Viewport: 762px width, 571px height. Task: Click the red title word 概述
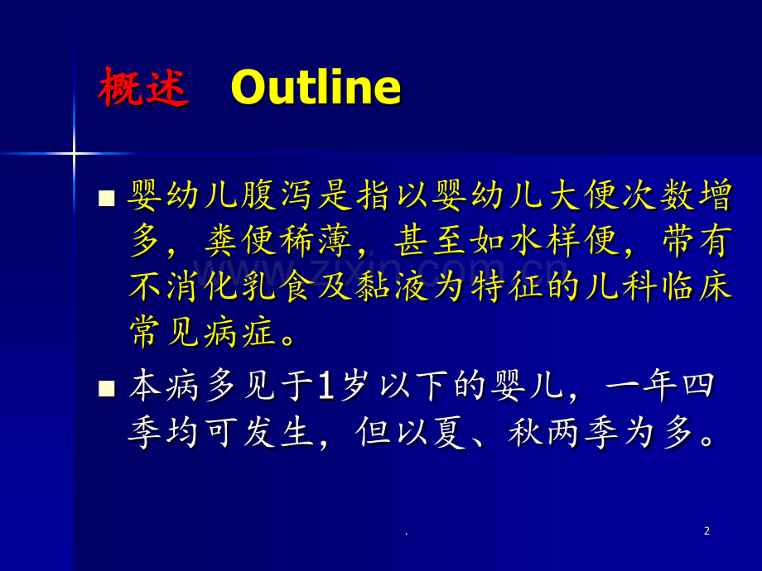(143, 88)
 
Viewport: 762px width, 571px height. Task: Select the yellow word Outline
(316, 87)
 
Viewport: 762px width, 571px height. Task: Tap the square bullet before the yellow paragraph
(106, 198)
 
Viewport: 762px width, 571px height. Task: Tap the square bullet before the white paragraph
(106, 388)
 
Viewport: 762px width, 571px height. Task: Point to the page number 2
(707, 531)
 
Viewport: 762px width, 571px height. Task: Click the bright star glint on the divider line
(74, 154)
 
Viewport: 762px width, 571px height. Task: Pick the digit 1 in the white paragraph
(326, 386)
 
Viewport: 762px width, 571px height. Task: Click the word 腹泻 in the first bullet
(276, 195)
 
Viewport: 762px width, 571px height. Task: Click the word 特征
(506, 286)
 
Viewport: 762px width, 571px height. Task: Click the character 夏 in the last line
(450, 432)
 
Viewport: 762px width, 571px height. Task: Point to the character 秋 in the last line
(525, 432)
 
